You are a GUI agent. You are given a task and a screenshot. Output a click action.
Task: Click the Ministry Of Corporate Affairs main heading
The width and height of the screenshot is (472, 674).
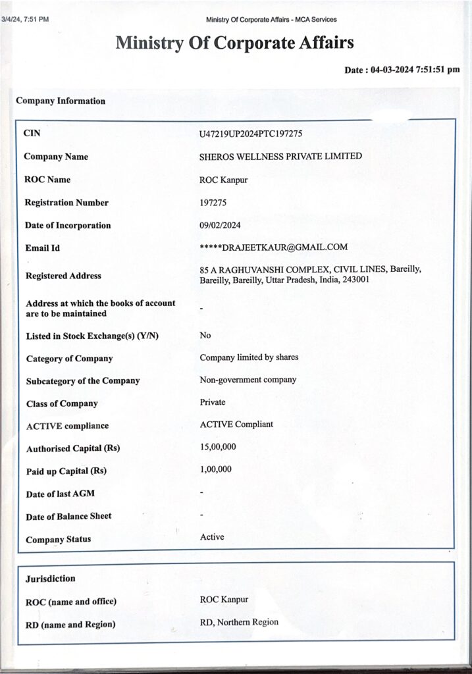tap(235, 43)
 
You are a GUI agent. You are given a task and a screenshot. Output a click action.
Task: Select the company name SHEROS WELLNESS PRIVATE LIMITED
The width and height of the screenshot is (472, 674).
tap(280, 157)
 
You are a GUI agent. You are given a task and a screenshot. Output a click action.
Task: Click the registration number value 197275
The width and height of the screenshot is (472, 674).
tap(213, 203)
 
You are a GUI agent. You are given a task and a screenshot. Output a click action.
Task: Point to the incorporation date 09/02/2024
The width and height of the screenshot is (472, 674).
tap(220, 225)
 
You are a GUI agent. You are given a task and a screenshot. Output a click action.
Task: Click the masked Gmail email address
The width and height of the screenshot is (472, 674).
tap(273, 247)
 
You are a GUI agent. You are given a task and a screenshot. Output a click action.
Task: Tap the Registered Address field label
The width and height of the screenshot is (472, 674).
tap(63, 276)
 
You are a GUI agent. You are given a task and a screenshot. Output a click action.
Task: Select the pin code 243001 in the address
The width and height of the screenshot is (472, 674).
tap(355, 280)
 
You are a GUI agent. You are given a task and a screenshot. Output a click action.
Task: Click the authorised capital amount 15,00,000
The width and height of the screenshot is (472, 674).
tap(218, 448)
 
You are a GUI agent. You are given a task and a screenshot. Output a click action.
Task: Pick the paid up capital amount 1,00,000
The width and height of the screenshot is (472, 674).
tap(216, 470)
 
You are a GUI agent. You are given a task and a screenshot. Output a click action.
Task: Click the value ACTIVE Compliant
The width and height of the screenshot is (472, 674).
tap(236, 425)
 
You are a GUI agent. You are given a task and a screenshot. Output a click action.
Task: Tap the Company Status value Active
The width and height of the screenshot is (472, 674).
tap(212, 537)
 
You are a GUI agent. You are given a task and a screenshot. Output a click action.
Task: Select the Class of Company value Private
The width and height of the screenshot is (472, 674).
tap(213, 402)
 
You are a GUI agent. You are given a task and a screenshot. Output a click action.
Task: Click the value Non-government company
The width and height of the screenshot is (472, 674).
tap(248, 380)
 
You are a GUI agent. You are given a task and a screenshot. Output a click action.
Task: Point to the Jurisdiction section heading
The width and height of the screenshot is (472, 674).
tap(51, 579)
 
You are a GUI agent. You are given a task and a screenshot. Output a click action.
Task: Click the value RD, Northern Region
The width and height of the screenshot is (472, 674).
tap(239, 622)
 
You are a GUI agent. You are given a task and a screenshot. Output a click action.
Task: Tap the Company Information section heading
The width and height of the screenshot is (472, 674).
tap(61, 101)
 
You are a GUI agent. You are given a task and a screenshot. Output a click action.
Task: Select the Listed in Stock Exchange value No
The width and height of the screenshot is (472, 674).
tap(205, 336)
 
